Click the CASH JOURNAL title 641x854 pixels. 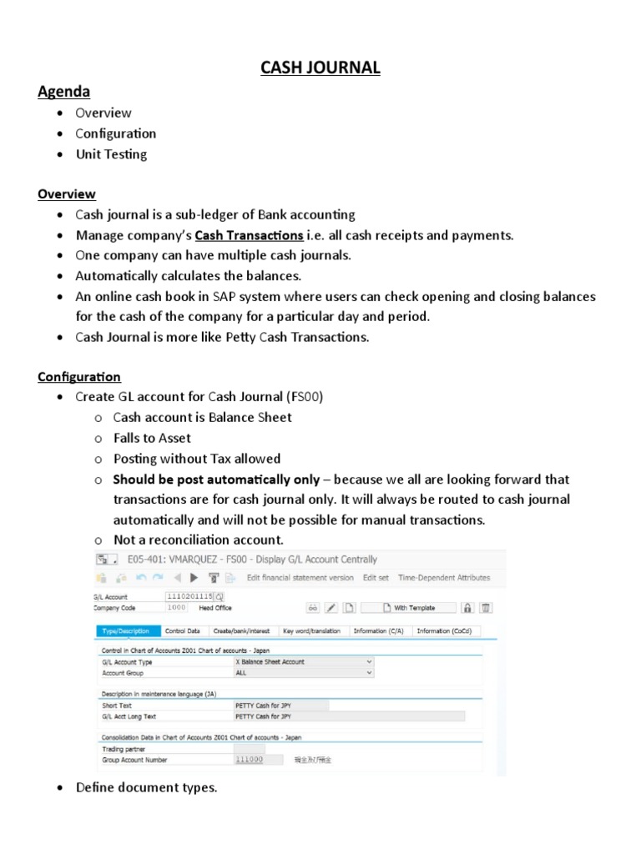tap(320, 68)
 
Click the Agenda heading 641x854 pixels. tap(63, 91)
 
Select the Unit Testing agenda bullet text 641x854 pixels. tap(111, 154)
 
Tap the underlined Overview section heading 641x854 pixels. tap(67, 194)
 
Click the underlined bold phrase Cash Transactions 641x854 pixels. tap(249, 235)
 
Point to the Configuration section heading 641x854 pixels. tap(79, 377)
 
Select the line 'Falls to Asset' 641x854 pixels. tap(152, 438)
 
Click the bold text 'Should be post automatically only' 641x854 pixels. tap(216, 480)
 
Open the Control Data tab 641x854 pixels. tap(182, 631)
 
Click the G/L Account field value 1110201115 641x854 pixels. tap(190, 597)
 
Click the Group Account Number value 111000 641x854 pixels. tap(249, 760)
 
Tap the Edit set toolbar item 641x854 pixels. tap(374, 577)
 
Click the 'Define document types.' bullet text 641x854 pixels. tap(146, 787)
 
